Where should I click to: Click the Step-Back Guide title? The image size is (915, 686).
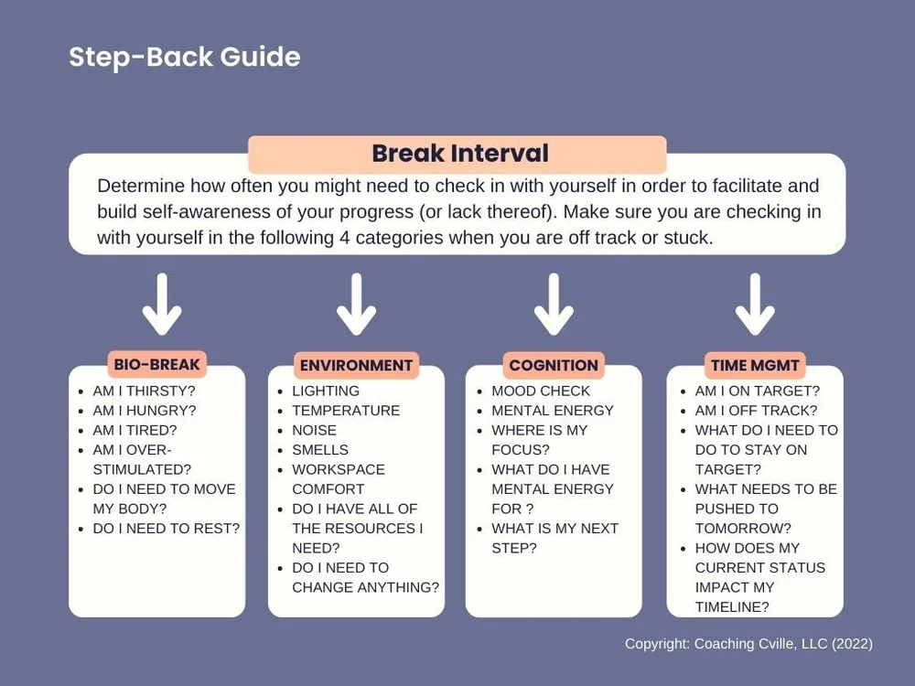point(184,58)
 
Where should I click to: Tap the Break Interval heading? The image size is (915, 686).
point(459,154)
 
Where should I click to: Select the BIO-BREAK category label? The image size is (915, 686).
point(156,364)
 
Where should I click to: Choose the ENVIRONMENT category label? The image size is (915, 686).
point(356,365)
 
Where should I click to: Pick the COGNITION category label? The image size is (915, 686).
point(554,365)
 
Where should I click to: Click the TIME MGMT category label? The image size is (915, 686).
point(755,365)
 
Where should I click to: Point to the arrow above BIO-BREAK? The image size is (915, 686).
point(162,305)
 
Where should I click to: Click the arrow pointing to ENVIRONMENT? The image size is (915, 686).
point(356,305)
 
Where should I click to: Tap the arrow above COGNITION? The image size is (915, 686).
point(554,305)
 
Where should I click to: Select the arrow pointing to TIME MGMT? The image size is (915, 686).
point(755,305)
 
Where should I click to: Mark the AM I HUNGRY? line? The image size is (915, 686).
point(144,411)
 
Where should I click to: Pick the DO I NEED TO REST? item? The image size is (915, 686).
point(166,528)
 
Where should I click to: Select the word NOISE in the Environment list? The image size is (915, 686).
point(314,430)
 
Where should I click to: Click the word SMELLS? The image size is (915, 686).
point(319,450)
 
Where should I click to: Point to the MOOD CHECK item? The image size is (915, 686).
point(541,391)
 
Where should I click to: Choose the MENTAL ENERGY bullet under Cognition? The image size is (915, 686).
point(553,411)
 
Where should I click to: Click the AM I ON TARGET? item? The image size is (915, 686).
point(758,391)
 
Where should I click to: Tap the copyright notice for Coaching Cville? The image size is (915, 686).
point(748,644)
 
